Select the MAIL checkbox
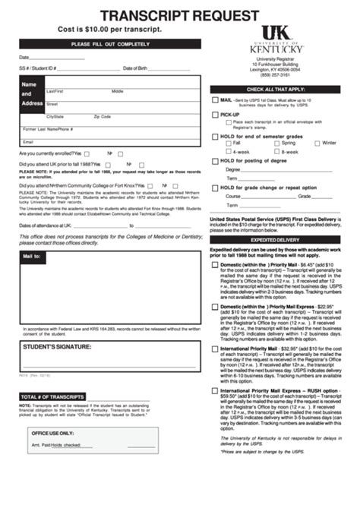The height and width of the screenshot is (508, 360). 215,100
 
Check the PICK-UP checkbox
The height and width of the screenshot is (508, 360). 215,114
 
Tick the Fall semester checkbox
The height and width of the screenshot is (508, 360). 228,143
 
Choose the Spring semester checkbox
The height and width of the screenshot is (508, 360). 276,143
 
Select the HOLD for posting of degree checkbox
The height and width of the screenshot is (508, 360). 215,161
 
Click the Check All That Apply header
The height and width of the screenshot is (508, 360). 276,89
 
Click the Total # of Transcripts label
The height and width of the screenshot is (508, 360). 52,397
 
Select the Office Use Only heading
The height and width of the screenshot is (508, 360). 53,433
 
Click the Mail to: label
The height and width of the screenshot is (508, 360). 32,257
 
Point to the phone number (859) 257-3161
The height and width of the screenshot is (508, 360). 276,75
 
